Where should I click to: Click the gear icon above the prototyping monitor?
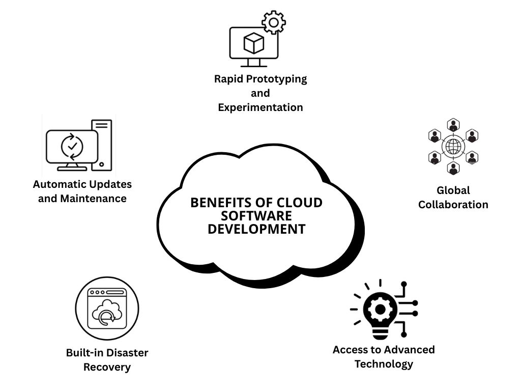click(274, 22)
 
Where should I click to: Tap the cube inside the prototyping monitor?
click(253, 43)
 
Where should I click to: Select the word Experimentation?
click(260, 107)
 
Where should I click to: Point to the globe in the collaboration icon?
click(453, 147)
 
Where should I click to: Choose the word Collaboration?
click(453, 205)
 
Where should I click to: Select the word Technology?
click(384, 364)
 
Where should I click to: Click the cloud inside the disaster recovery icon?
click(106, 315)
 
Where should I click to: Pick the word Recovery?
click(107, 367)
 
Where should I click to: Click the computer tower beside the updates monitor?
click(101, 144)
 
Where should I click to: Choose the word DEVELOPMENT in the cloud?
click(256, 229)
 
